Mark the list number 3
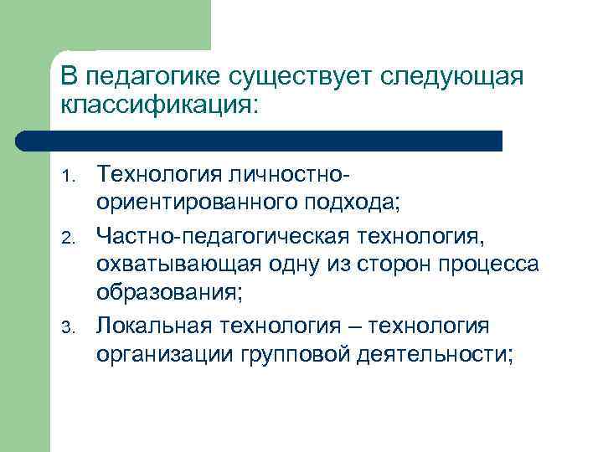click(x=72, y=326)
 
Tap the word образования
click(x=173, y=294)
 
